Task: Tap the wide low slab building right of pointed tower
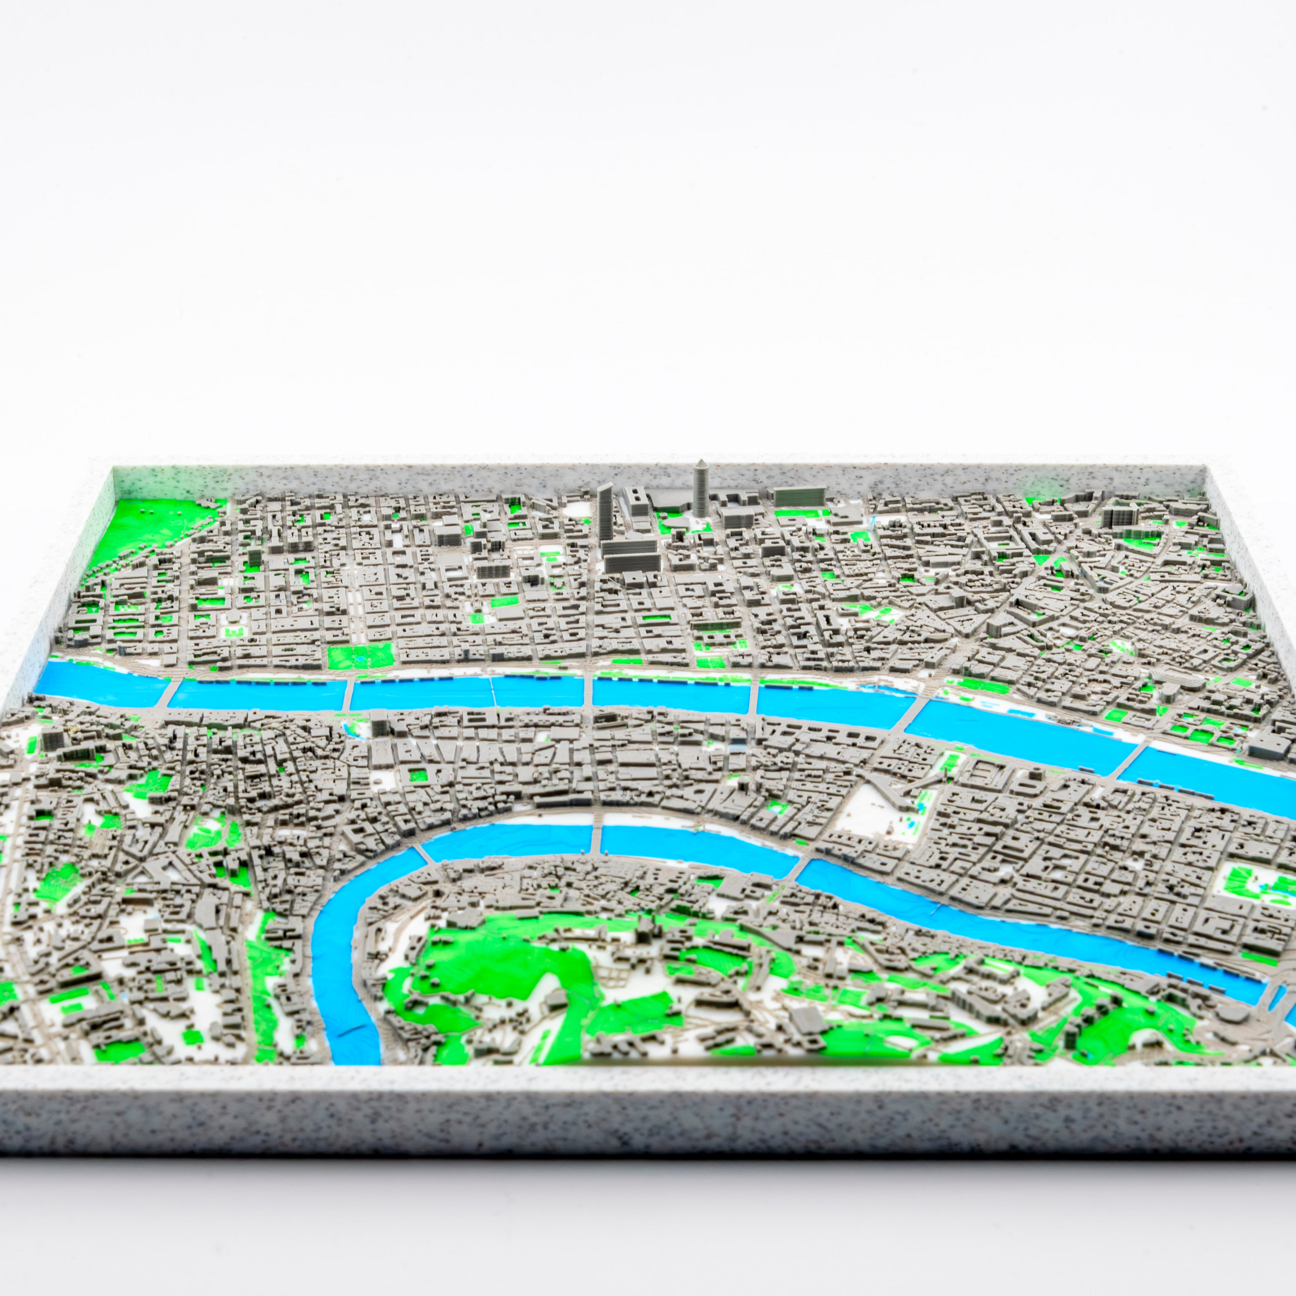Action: pos(798,496)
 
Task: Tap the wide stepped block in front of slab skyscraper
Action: pos(630,557)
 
